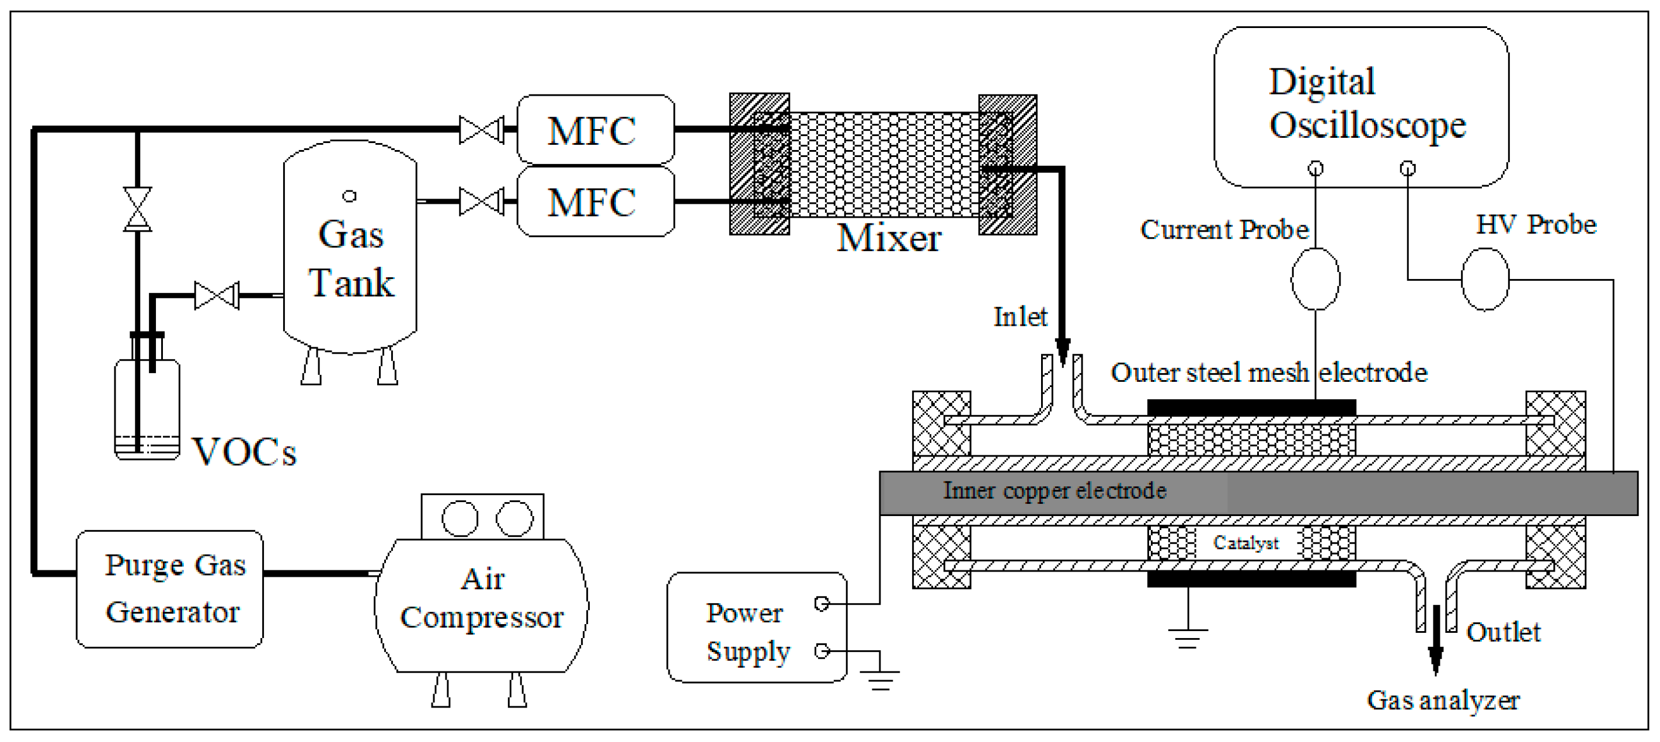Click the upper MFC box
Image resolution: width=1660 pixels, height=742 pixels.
[x=596, y=130]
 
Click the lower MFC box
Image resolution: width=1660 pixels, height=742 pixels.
[x=596, y=201]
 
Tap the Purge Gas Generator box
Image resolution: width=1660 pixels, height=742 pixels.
[x=169, y=588]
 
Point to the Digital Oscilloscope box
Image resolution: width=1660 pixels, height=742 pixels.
[x=1360, y=106]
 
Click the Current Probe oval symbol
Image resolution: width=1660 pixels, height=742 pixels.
[x=1316, y=279]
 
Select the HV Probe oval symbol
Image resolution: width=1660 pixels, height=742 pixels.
[x=1485, y=280]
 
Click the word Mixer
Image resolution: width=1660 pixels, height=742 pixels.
[x=889, y=238]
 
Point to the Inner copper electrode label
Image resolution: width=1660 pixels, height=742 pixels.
[x=1055, y=491]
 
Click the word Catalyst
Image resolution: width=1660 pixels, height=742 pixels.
[x=1245, y=543]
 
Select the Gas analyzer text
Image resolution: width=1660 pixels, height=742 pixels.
[x=1443, y=700]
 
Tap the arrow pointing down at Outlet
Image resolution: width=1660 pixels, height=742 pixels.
[x=1436, y=657]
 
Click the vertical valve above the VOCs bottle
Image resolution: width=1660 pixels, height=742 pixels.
[x=137, y=210]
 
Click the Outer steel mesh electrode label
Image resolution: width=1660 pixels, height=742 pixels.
[x=1269, y=373]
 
